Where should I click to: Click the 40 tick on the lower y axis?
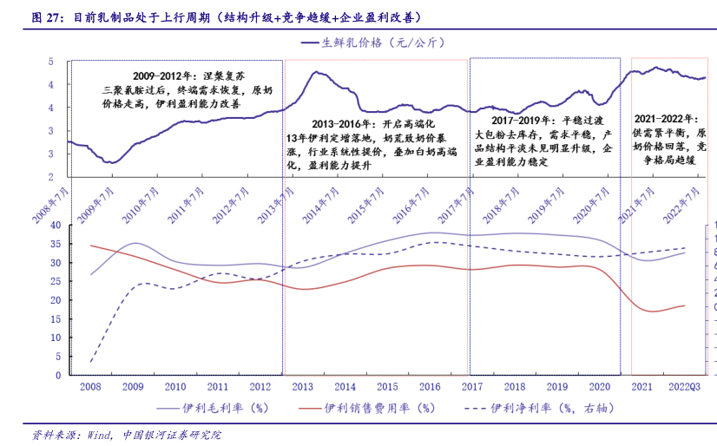(54, 224)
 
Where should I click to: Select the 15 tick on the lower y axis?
(54, 318)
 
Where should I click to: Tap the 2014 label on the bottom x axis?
(345, 386)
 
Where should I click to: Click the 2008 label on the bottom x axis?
(90, 386)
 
